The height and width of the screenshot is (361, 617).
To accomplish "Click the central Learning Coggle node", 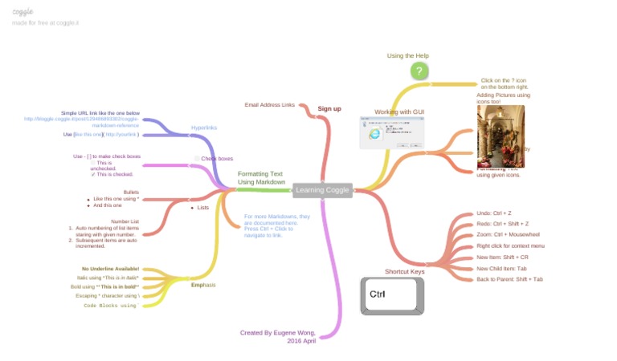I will tap(322, 190).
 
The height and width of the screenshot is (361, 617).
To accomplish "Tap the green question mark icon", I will tap(418, 71).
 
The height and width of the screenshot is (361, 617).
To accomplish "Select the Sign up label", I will tap(329, 108).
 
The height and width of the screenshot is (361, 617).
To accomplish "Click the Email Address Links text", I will tap(270, 105).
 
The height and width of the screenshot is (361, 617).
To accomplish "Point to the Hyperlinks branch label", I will tap(204, 128).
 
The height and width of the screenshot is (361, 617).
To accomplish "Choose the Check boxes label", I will tap(216, 159).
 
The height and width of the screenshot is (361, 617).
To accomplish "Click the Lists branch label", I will tap(202, 207).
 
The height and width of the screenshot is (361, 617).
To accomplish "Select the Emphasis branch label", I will tap(203, 285).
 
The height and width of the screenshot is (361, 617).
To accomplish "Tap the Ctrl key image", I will tap(391, 295).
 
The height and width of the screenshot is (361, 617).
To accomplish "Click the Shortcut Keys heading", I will tap(404, 271).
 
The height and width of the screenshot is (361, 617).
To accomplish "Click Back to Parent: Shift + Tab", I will tap(509, 279).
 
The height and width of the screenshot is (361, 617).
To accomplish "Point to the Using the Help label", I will tap(407, 56).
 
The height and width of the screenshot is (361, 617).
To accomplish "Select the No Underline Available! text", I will tap(110, 269).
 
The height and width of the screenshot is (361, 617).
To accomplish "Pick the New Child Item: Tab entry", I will tap(501, 268).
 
